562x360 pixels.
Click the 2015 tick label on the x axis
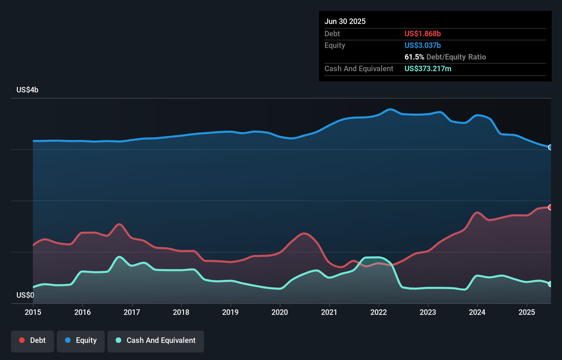click(33, 312)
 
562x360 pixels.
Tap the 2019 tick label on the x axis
click(230, 312)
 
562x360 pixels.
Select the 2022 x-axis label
click(379, 312)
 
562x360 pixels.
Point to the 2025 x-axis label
click(527, 312)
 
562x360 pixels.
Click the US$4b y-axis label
click(27, 90)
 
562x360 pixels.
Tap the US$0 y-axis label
click(25, 295)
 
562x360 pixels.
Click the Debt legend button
click(33, 340)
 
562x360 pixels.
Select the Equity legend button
click(81, 340)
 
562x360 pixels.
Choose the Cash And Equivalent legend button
click(156, 340)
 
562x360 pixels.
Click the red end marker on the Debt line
click(550, 207)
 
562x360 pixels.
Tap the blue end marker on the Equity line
click(550, 147)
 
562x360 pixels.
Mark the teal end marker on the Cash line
click(550, 284)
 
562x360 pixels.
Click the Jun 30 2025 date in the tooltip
click(345, 21)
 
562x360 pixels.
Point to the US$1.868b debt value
click(422, 34)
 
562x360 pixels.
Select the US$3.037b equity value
click(422, 45)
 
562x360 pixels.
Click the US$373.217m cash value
click(428, 68)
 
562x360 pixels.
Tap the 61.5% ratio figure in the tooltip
click(414, 57)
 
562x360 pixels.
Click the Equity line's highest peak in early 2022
click(391, 110)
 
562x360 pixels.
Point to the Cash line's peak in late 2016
click(119, 257)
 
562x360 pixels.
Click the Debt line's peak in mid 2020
click(304, 233)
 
